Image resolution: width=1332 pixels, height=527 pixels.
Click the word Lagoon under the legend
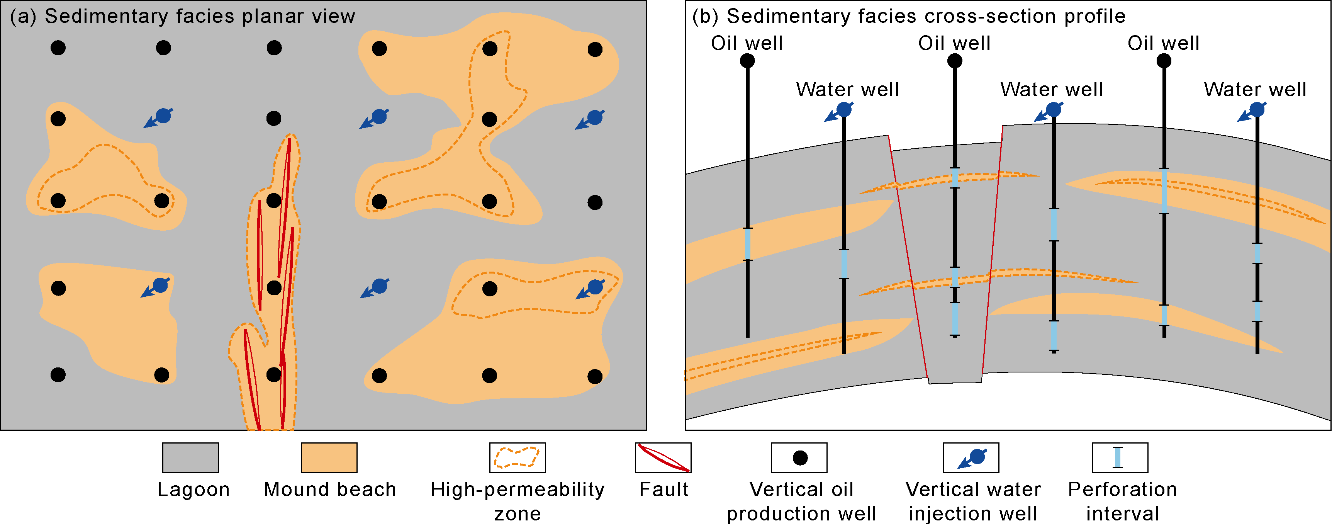[x=193, y=489]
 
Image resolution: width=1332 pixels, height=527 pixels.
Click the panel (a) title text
[x=183, y=17]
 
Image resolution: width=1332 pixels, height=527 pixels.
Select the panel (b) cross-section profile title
[x=908, y=17]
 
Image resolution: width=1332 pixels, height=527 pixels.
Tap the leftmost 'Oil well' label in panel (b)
[x=747, y=43]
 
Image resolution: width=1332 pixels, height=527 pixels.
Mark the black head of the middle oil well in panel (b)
[x=955, y=61]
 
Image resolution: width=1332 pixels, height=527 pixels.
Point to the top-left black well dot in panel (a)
[x=58, y=48]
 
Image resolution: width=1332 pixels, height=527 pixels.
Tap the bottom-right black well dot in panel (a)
[x=595, y=376]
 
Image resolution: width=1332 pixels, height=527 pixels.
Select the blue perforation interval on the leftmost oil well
[x=747, y=244]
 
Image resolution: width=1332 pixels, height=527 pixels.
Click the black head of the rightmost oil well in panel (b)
[x=1164, y=61]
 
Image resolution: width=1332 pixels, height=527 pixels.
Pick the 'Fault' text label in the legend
[x=663, y=489]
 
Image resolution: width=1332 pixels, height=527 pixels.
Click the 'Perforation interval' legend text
[x=1122, y=501]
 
